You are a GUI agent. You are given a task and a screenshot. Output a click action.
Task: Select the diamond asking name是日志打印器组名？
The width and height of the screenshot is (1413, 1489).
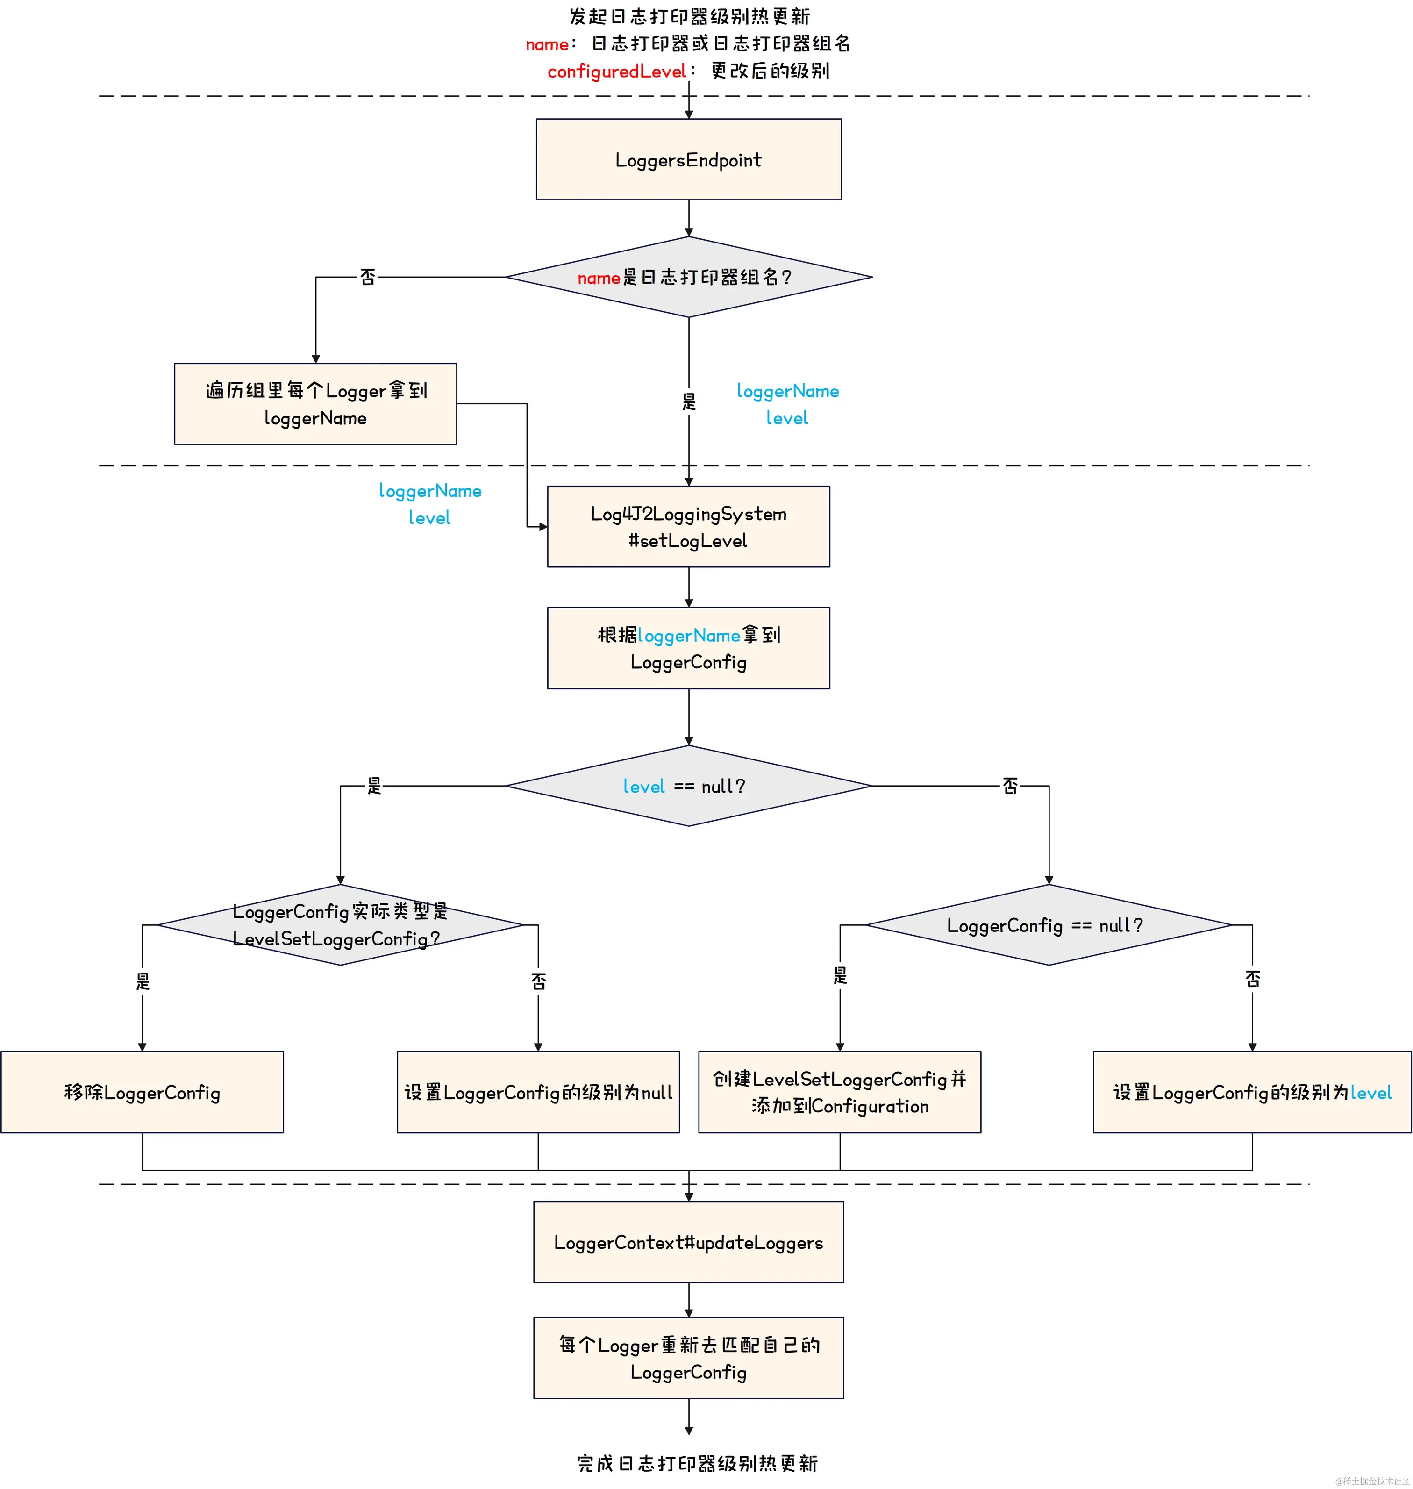point(688,277)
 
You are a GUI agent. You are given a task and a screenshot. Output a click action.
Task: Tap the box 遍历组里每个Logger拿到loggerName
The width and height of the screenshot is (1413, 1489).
point(315,404)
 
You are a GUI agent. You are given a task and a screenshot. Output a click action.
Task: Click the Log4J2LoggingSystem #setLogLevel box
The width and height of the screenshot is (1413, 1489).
point(688,526)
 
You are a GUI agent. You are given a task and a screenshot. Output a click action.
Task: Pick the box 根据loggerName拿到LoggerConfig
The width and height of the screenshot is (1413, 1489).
point(688,648)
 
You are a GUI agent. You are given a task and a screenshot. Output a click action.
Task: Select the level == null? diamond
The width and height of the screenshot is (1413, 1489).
point(688,786)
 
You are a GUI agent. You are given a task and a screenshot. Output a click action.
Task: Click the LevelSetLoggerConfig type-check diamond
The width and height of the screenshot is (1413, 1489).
point(340,925)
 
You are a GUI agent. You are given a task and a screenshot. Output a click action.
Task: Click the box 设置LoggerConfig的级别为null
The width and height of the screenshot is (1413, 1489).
point(538,1092)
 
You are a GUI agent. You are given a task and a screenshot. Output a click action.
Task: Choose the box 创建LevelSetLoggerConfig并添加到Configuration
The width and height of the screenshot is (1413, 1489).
point(839,1092)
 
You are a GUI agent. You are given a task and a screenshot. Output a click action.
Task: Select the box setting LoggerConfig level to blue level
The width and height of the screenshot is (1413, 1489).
point(1252,1092)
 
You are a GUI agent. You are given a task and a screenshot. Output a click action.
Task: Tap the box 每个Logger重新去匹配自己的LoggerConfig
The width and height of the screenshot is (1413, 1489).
point(688,1358)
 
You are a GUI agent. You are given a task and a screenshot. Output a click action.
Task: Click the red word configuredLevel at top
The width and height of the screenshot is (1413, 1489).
point(616,72)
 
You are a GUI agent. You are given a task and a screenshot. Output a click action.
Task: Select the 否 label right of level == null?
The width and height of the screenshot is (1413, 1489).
point(1010,786)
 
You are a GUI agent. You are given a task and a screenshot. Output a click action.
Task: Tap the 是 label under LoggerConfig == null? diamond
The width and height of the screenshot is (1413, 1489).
point(840,976)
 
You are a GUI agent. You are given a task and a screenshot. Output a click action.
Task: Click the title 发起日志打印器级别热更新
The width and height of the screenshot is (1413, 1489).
point(688,16)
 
